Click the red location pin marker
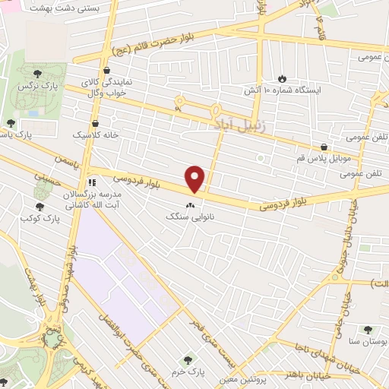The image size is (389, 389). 196,179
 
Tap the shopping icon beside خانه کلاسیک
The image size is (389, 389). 95,122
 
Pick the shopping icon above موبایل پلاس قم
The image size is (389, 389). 324,147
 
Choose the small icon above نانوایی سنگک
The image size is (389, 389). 190,204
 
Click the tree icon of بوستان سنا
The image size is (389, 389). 368,330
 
